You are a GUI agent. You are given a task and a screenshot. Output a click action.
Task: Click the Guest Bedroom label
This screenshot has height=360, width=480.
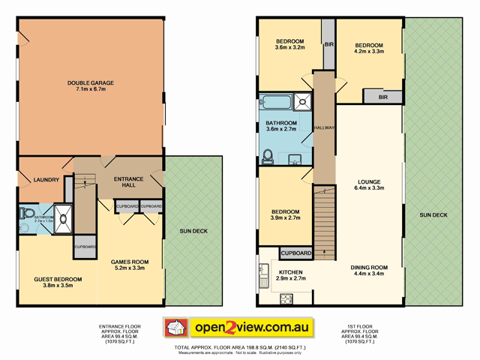(58, 283)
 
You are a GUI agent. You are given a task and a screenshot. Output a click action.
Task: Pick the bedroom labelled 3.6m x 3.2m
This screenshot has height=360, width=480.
(289, 44)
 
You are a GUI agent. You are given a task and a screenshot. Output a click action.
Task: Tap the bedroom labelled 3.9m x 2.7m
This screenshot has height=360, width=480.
(285, 215)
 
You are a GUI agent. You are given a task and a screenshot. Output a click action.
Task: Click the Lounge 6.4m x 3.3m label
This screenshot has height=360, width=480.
(370, 185)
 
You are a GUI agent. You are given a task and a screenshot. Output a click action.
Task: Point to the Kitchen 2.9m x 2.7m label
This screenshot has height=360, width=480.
(290, 275)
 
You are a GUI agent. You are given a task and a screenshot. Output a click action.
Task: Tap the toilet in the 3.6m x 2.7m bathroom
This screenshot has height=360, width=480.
(268, 155)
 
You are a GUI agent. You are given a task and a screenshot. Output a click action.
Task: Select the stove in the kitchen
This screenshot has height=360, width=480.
(286, 299)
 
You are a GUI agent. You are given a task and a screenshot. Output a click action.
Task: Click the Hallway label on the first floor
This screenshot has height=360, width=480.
(324, 127)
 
